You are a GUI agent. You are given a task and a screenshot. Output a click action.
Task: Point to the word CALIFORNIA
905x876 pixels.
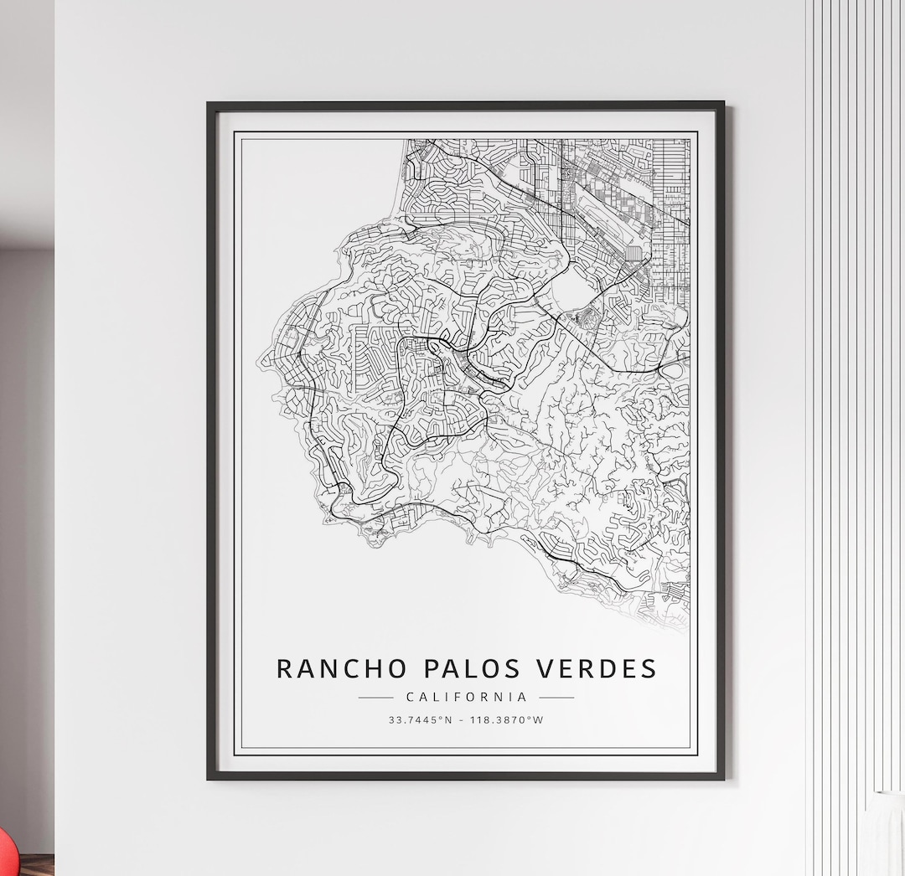[467, 697]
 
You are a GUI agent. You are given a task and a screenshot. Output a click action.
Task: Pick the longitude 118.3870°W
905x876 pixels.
[508, 719]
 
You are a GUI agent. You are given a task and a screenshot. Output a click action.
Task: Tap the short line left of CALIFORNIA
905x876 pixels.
[375, 697]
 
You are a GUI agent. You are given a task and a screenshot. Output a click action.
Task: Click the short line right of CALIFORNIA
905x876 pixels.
[556, 697]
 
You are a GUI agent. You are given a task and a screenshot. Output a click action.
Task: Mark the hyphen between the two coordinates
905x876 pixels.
[460, 719]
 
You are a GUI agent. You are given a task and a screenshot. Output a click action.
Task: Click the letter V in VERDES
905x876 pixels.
[542, 668]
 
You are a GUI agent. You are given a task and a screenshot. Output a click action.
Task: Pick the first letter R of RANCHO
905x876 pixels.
[285, 668]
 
